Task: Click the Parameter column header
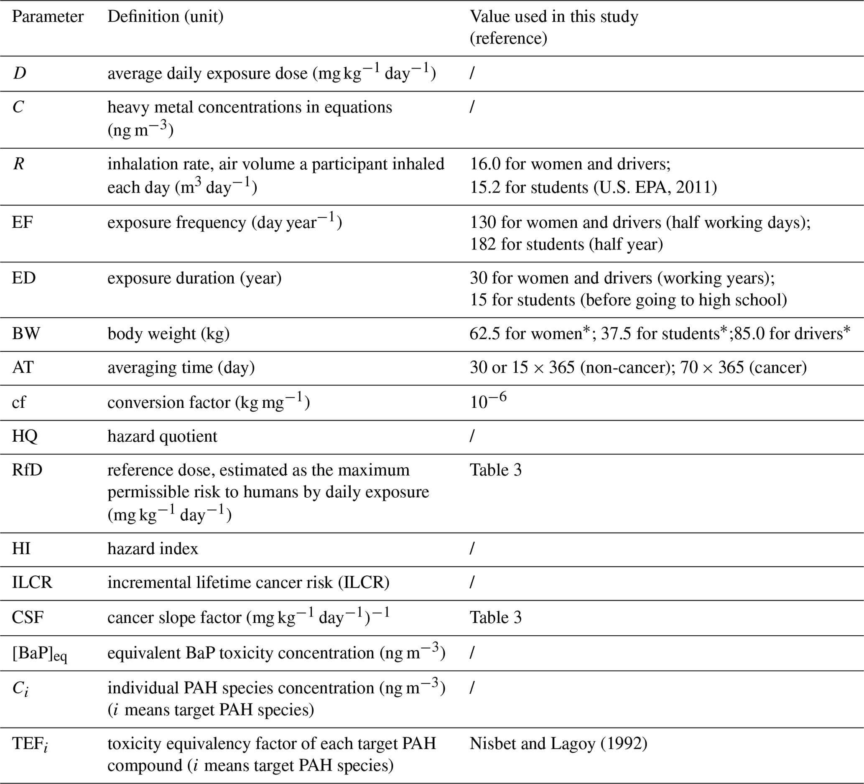(x=48, y=17)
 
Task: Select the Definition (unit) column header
(x=166, y=17)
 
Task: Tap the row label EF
(x=22, y=222)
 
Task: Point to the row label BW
(x=26, y=333)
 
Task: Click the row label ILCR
(x=32, y=583)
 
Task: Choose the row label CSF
(x=28, y=617)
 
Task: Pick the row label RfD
(x=27, y=470)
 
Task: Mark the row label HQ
(x=25, y=436)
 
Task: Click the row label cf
(x=18, y=402)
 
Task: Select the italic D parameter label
(x=19, y=73)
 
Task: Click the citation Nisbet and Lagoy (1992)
(x=558, y=744)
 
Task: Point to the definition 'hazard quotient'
(x=162, y=436)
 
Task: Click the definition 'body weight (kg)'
(x=168, y=333)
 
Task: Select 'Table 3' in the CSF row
(x=495, y=617)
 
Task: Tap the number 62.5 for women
(x=484, y=333)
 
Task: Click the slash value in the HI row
(x=472, y=549)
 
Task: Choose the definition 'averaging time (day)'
(x=181, y=368)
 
